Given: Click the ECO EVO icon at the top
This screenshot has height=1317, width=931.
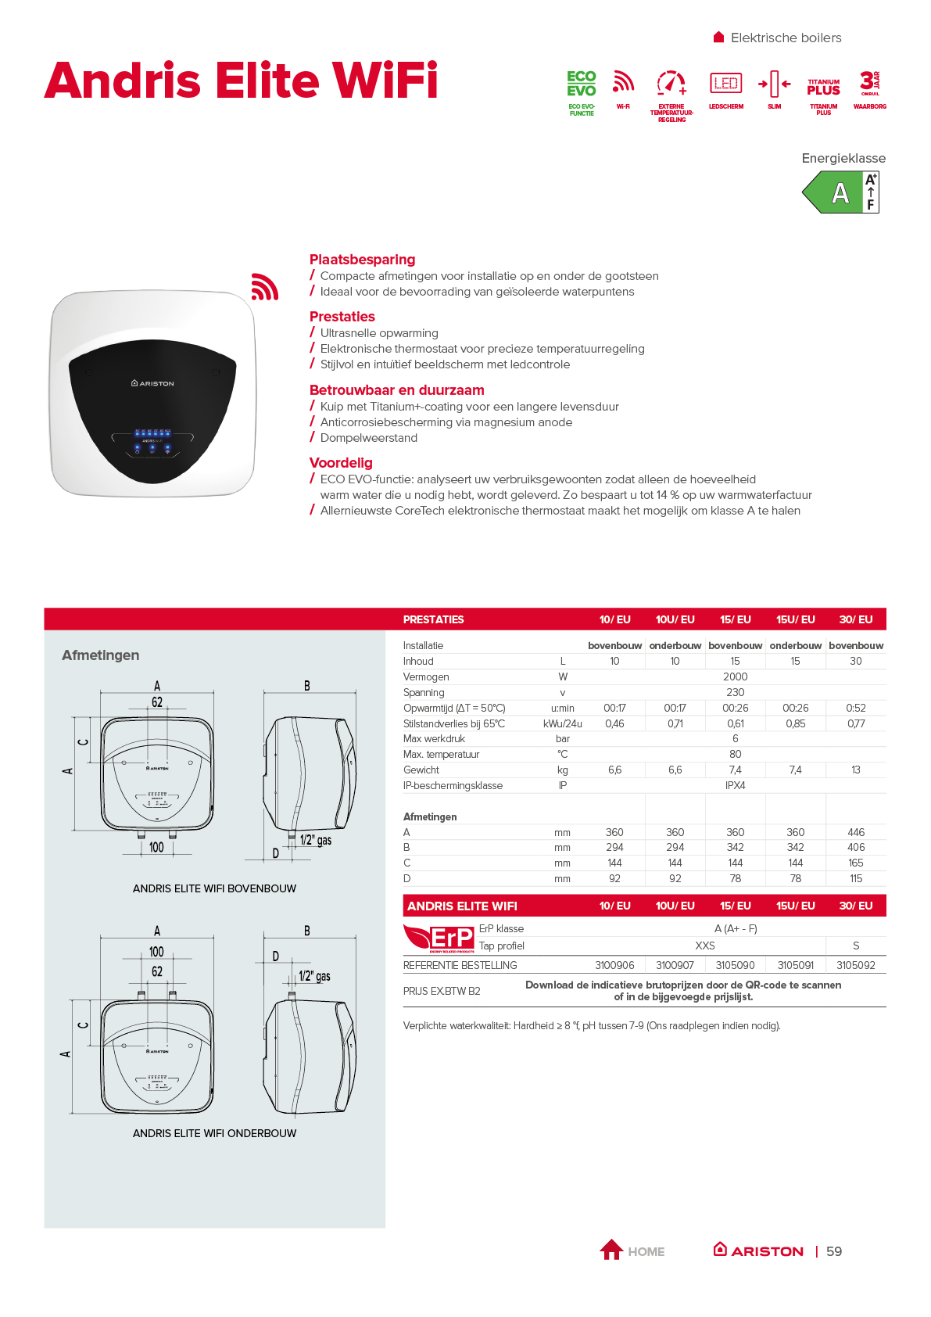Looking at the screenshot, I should pyautogui.click(x=582, y=84).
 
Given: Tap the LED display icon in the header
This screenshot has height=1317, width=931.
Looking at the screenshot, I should pyautogui.click(x=725, y=83).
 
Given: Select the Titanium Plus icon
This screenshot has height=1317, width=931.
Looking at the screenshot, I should pyautogui.click(x=823, y=86).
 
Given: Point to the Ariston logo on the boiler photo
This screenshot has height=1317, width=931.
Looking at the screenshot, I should pyautogui.click(x=152, y=383).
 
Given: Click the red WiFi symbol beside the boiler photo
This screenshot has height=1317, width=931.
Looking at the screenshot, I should pyautogui.click(x=264, y=287).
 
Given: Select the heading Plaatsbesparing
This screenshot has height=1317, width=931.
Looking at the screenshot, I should pyautogui.click(x=362, y=260).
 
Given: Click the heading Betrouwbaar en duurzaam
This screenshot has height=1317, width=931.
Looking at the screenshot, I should pyautogui.click(x=396, y=390).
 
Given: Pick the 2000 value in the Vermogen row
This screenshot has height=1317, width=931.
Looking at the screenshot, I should pyautogui.click(x=735, y=676).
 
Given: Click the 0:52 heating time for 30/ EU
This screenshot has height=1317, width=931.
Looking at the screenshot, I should pyautogui.click(x=856, y=708).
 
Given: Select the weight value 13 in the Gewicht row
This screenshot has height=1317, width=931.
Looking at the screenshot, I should pyautogui.click(x=856, y=770).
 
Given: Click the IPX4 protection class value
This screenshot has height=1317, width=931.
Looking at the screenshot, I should pyautogui.click(x=735, y=785).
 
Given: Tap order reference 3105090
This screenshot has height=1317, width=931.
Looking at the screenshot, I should pyautogui.click(x=735, y=965).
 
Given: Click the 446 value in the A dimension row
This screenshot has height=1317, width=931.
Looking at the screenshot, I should pyautogui.click(x=856, y=832).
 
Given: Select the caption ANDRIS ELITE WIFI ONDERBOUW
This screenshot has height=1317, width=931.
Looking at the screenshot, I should pyautogui.click(x=214, y=1133).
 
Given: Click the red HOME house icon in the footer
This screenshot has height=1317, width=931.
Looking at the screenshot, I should pyautogui.click(x=611, y=1250).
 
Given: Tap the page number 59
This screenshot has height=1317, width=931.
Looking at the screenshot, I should pyautogui.click(x=834, y=1251).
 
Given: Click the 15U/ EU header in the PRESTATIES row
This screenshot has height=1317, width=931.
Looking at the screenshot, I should pyautogui.click(x=795, y=619).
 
